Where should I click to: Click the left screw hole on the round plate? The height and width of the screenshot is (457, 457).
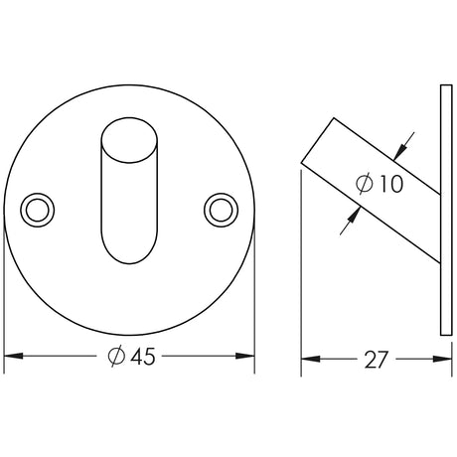pos(40,209)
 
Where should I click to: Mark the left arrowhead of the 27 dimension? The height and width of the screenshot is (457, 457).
pos(308,359)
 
